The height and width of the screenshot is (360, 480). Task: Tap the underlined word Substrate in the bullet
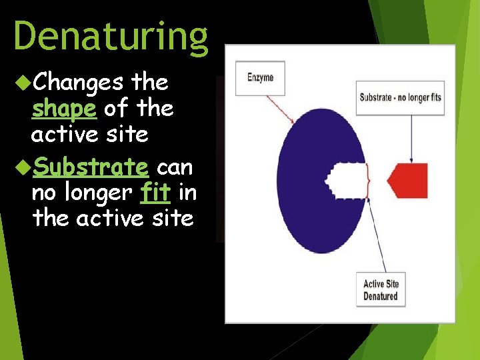pos(89,166)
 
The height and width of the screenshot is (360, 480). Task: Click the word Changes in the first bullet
pos(77,83)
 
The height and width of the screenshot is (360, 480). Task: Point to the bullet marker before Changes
pos(21,83)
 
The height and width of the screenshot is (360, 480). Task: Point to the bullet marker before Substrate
pos(21,166)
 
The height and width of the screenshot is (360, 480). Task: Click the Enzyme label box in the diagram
pos(260,77)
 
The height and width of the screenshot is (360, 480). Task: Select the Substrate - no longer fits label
pos(400,97)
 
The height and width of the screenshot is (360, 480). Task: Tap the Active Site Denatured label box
pos(381,290)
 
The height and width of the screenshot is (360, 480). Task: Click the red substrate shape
pos(407,180)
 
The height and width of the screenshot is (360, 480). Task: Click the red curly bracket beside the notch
pos(369,180)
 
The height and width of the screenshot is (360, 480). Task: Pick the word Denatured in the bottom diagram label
pos(381,296)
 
